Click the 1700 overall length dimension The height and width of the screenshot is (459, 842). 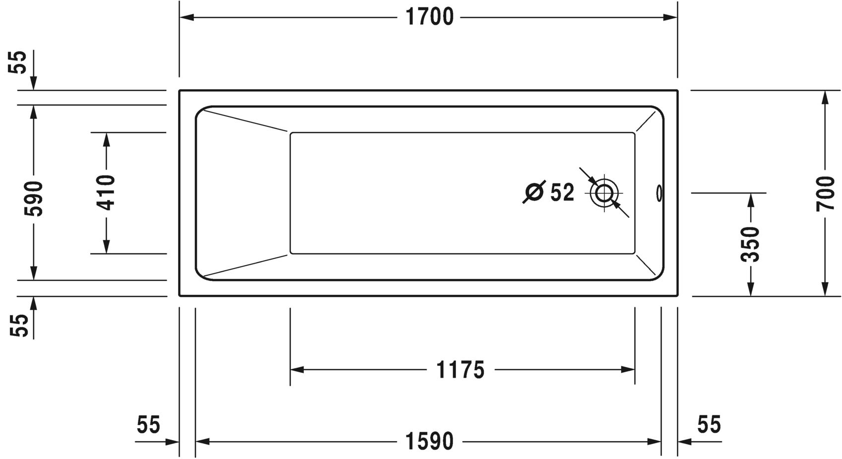tap(430, 17)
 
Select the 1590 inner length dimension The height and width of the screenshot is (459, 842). tap(430, 441)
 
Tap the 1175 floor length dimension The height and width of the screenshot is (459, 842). tap(460, 370)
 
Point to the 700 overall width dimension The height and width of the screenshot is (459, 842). tap(826, 193)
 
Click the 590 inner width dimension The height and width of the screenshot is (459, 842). tap(33, 198)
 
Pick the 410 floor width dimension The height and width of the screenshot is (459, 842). tap(106, 192)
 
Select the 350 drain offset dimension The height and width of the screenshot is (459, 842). tap(750, 244)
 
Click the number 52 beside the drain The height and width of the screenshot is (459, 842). tap(562, 193)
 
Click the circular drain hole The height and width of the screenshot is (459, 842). tap(604, 193)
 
